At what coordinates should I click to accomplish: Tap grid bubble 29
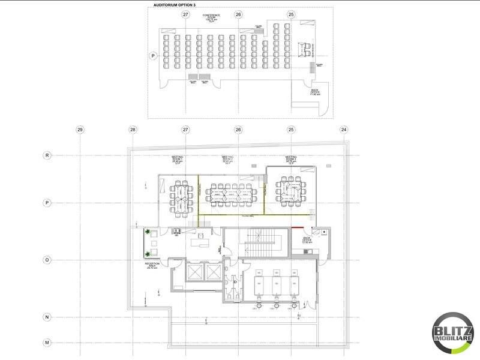80,129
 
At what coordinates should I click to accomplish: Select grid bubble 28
133,129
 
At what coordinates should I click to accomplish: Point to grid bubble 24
344,129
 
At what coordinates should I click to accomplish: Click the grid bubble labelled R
46,155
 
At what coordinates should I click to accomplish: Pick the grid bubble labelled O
46,260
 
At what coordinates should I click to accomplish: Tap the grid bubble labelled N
46,316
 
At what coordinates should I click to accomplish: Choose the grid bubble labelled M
46,342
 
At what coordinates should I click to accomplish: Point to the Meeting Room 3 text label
292,160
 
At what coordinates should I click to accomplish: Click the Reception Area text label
152,265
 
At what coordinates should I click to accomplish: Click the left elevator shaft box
196,272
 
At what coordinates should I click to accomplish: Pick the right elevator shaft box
213,272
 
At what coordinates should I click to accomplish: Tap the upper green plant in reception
147,232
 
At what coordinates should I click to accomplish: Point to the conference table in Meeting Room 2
231,193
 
